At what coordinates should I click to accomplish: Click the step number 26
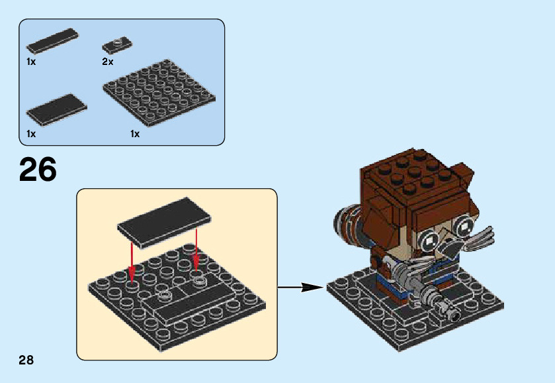point(38,169)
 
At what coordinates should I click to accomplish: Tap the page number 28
point(26,360)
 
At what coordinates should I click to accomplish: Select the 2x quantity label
point(108,62)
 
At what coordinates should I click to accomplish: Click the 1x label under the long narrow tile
point(31,62)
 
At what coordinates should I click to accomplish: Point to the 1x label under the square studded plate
point(135,134)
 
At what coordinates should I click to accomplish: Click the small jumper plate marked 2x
point(117,45)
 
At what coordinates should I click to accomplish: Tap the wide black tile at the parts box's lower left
point(56,108)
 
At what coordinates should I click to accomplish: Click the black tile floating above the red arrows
point(164,221)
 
